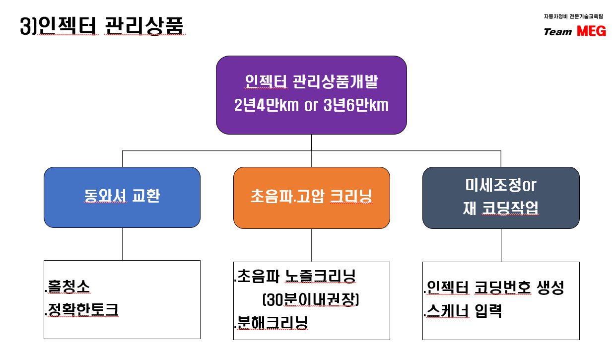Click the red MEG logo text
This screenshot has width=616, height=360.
pyautogui.click(x=591, y=31)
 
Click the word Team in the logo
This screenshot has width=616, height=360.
pyautogui.click(x=558, y=32)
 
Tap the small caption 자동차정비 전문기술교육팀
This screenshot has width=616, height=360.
pyautogui.click(x=573, y=16)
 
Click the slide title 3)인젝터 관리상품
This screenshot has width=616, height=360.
pyautogui.click(x=102, y=26)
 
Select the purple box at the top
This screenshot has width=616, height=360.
pyautogui.click(x=311, y=95)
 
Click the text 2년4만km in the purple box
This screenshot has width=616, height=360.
pyautogui.click(x=266, y=105)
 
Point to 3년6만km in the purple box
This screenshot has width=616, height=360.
pyautogui.click(x=356, y=105)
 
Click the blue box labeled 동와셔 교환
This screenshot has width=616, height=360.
pyautogui.click(x=122, y=197)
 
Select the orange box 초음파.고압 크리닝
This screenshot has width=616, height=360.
pyautogui.click(x=312, y=198)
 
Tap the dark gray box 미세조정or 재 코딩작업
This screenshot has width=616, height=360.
pyautogui.click(x=501, y=198)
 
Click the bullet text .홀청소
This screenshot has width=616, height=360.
pyautogui.click(x=68, y=287)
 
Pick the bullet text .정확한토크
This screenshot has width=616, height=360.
pyautogui.click(x=82, y=310)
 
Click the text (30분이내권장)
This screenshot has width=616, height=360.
pyautogui.click(x=311, y=299)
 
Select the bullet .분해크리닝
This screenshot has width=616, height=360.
pyautogui.click(x=271, y=323)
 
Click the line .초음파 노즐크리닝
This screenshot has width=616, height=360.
pyautogui.click(x=295, y=276)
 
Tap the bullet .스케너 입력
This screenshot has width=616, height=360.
pyautogui.click(x=463, y=311)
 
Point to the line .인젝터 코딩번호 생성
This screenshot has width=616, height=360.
pyautogui.click(x=494, y=288)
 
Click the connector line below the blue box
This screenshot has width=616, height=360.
pyautogui.click(x=123, y=244)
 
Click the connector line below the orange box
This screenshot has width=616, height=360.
pyautogui.click(x=312, y=245)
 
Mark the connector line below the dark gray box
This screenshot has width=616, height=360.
pyautogui.click(x=501, y=245)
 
